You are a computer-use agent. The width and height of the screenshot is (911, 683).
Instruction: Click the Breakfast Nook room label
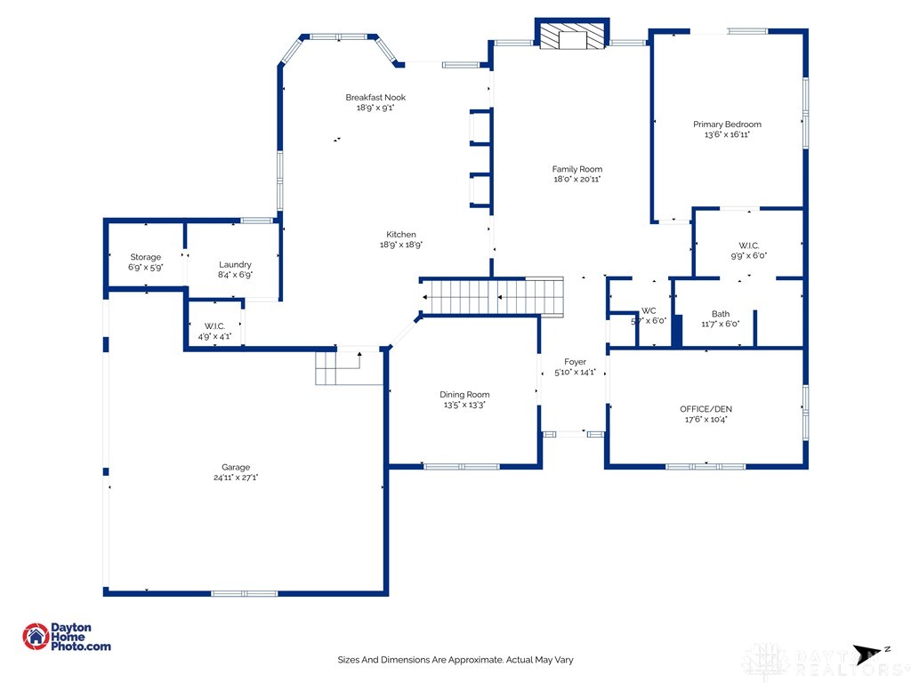pyautogui.click(x=375, y=97)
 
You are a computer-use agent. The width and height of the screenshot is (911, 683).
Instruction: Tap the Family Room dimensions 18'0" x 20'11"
pyautogui.click(x=576, y=180)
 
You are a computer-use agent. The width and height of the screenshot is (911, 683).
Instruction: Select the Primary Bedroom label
pyautogui.click(x=727, y=125)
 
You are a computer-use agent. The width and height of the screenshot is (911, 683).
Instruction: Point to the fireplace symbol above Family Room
pyautogui.click(x=572, y=36)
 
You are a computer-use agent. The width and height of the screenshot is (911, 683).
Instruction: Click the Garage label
pyautogui.click(x=236, y=467)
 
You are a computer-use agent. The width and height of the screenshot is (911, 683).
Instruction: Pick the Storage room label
pyautogui.click(x=146, y=257)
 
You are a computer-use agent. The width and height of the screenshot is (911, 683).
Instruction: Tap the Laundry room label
pyautogui.click(x=235, y=264)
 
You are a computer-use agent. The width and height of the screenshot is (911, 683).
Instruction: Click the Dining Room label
pyautogui.click(x=464, y=394)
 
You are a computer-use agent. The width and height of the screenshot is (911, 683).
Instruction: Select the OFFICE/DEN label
pyautogui.click(x=705, y=409)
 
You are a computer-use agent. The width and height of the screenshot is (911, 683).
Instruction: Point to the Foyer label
pyautogui.click(x=575, y=362)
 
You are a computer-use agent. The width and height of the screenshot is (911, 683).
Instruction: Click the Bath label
pyautogui.click(x=720, y=313)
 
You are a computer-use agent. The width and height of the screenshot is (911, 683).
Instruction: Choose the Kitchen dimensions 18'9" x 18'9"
pyautogui.click(x=400, y=245)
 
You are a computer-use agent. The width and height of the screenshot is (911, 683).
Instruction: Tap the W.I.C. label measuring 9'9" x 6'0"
pyautogui.click(x=748, y=245)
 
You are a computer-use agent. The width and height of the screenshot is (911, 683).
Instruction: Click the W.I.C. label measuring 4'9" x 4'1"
pyautogui.click(x=214, y=325)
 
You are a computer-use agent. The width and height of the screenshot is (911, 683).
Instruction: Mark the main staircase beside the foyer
pyautogui.click(x=493, y=297)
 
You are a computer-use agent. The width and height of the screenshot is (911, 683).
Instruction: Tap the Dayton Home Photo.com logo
pyautogui.click(x=67, y=637)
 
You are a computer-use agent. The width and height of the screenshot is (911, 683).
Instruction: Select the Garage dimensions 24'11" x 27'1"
pyautogui.click(x=235, y=478)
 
